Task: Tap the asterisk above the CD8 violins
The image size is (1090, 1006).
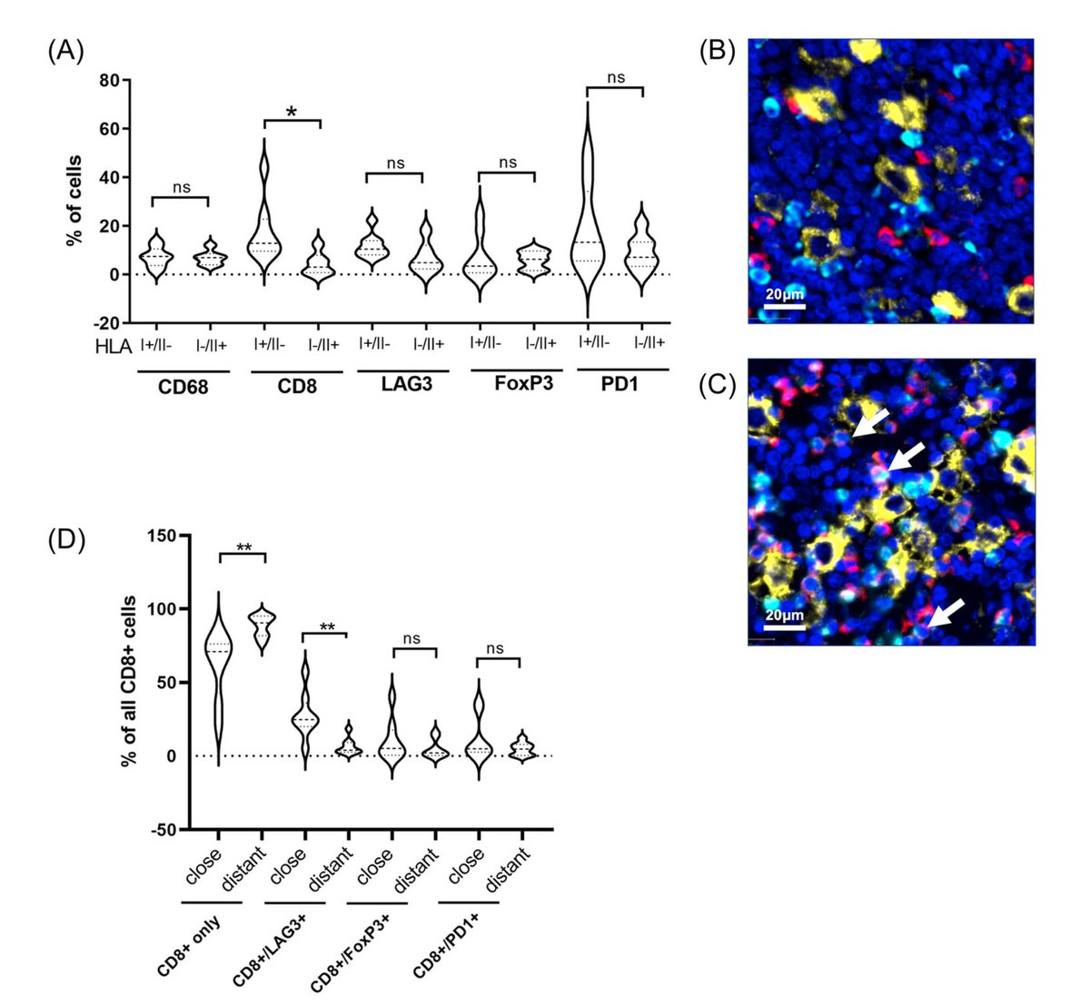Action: point(292,112)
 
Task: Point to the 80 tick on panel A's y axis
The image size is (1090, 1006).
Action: point(108,80)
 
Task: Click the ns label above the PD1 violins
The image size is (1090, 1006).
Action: point(616,77)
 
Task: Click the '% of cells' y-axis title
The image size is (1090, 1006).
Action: point(74,202)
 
